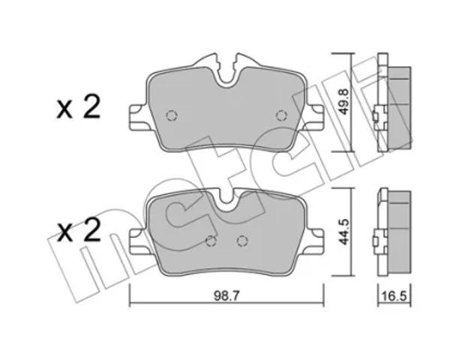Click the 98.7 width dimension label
pyautogui.click(x=226, y=295)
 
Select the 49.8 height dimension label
pyautogui.click(x=343, y=102)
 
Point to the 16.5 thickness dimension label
pyautogui.click(x=394, y=295)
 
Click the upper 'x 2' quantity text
pyautogui.click(x=78, y=107)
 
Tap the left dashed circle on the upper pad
pyautogui.click(x=172, y=115)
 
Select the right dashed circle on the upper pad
pyautogui.click(x=281, y=115)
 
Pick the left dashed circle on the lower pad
pyautogui.click(x=211, y=241)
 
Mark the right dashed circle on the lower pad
pyautogui.click(x=242, y=241)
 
